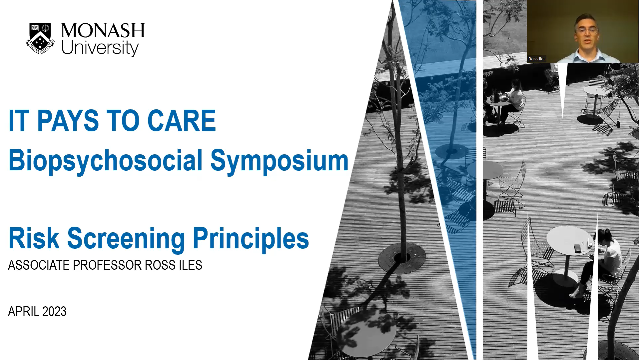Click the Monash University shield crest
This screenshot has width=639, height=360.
point(40,39)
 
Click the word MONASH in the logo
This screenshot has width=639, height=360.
point(103,31)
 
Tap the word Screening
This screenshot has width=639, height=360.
point(126,239)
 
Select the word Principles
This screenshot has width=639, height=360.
point(251,239)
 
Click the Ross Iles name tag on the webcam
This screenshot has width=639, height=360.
point(537,59)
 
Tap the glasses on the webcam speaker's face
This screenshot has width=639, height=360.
point(586,31)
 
